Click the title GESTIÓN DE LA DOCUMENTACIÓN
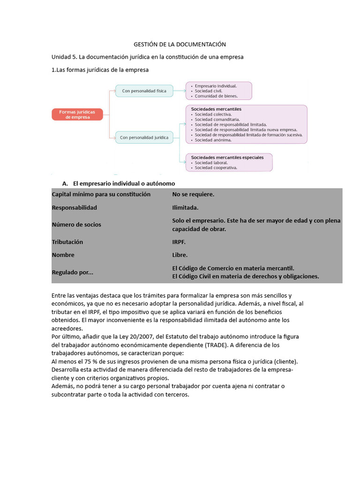(180, 44)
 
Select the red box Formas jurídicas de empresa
(77, 115)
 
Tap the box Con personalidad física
(144, 90)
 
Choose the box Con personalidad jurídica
(144, 137)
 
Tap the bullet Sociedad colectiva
(213, 114)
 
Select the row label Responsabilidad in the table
(74, 207)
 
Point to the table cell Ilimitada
(185, 207)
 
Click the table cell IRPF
(179, 242)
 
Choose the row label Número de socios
(76, 225)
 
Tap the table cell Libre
(180, 255)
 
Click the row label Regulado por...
(72, 272)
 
